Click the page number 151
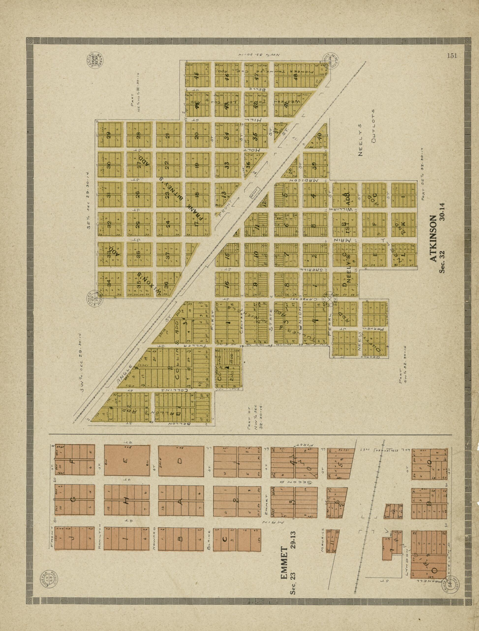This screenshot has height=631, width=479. [452, 56]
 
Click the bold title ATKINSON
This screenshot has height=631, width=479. [433, 238]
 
